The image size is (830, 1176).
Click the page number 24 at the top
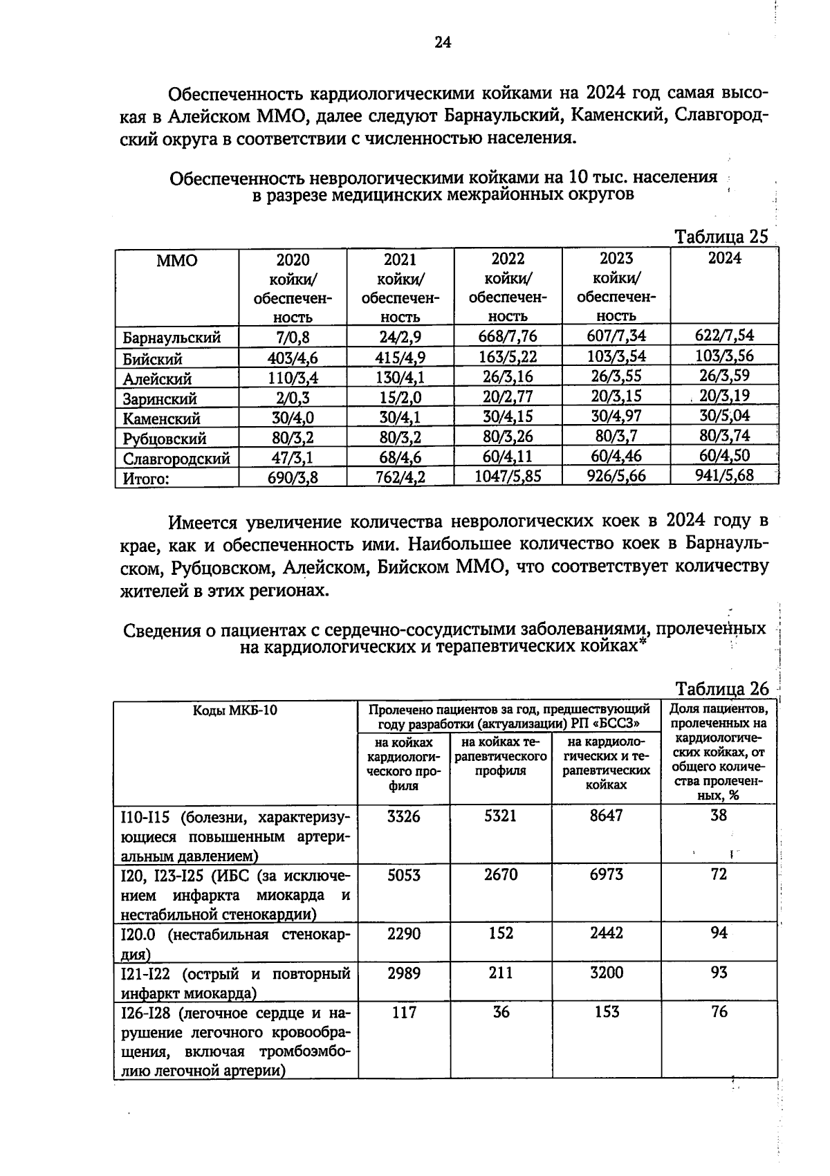443,43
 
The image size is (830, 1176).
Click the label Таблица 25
721,237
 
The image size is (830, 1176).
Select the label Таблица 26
722,689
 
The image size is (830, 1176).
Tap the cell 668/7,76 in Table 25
508,336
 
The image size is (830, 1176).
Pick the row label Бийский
153,359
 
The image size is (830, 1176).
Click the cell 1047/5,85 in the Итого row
508,476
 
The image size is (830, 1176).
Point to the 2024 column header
724,258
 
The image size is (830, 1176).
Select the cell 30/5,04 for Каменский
724,416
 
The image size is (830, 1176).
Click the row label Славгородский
176,459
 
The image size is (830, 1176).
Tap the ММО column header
176,261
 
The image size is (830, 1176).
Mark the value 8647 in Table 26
606,816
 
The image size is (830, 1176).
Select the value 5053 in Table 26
403,874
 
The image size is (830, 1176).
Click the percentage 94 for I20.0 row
719,933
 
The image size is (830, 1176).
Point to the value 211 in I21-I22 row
501,973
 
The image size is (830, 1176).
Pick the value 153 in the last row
606,1012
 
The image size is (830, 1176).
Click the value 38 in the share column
719,816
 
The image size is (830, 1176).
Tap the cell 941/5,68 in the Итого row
724,475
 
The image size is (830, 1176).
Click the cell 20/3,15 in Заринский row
616,396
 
